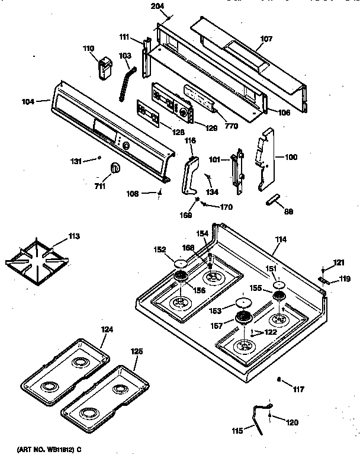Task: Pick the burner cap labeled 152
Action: click(x=181, y=263)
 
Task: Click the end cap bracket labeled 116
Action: click(x=189, y=176)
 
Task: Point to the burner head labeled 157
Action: click(x=242, y=319)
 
